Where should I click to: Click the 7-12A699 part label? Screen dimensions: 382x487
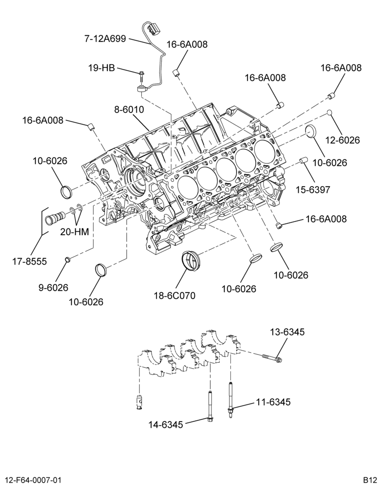click(x=105, y=39)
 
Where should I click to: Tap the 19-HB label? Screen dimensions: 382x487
click(x=102, y=68)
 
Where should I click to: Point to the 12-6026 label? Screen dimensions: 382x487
click(x=343, y=140)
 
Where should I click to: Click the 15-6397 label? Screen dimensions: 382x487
click(x=313, y=189)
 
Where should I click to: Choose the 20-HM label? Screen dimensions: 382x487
click(x=75, y=232)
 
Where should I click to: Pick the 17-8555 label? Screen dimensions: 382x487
click(x=30, y=261)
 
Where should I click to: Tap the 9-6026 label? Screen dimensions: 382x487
click(x=53, y=288)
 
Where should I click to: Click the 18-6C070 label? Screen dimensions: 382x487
click(x=175, y=296)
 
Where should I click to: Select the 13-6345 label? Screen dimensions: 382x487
click(x=287, y=332)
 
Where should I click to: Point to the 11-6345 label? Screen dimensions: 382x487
click(x=273, y=402)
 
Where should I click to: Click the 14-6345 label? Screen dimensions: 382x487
click(x=166, y=424)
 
